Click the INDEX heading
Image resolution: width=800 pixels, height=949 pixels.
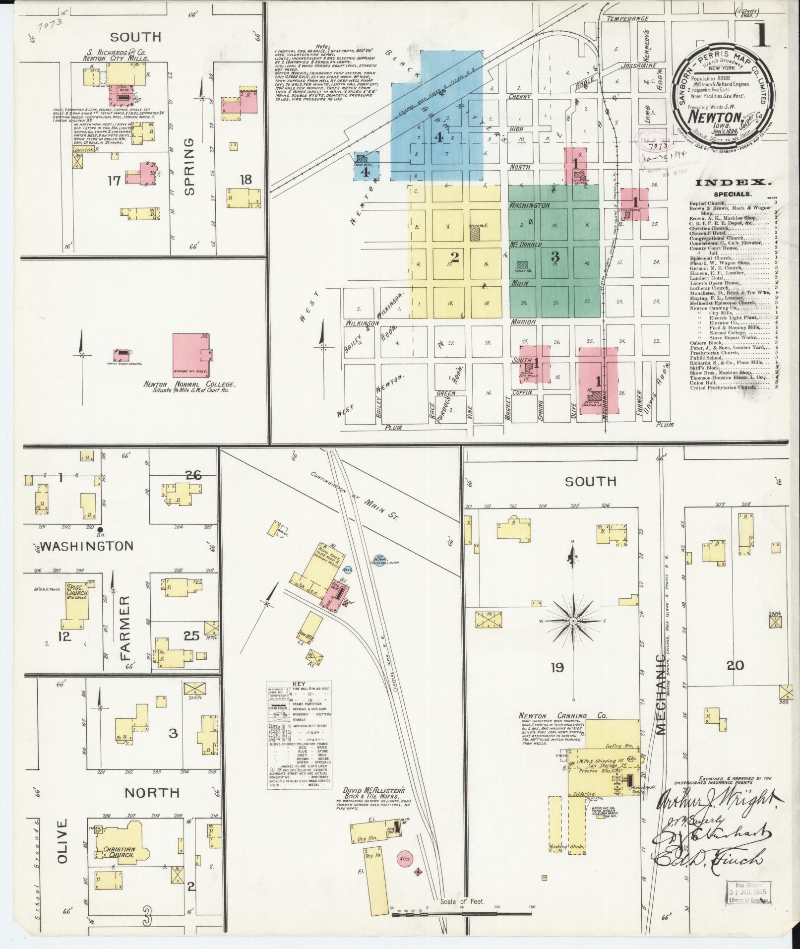[x=732, y=183]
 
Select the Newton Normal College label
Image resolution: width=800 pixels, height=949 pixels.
[x=188, y=384]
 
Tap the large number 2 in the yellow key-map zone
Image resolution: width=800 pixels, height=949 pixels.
[x=454, y=256]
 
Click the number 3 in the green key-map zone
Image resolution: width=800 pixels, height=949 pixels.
[x=555, y=256]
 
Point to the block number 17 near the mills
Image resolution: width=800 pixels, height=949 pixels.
[x=114, y=181]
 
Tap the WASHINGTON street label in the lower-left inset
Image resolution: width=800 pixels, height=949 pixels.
[x=87, y=546]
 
